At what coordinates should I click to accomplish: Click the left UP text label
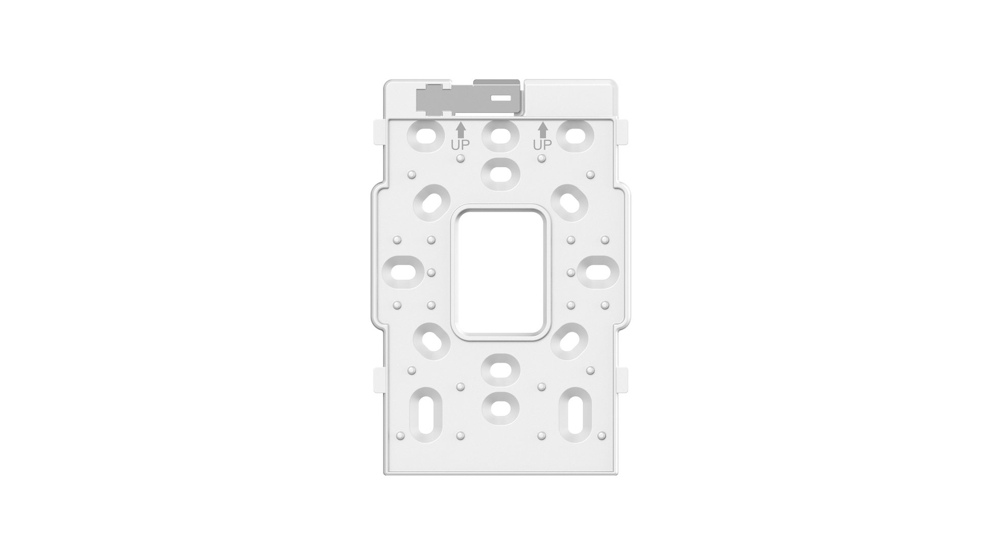[460, 145]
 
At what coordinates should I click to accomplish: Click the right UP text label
[542, 145]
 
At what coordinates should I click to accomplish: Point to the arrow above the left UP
[461, 129]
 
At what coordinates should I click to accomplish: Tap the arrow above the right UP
[542, 129]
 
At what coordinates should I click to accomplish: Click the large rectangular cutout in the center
[497, 273]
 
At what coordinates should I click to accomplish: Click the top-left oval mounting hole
[425, 136]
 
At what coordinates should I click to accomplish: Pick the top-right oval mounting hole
[576, 136]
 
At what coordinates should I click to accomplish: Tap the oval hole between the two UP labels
[501, 136]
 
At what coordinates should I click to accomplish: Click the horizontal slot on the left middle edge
[403, 272]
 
